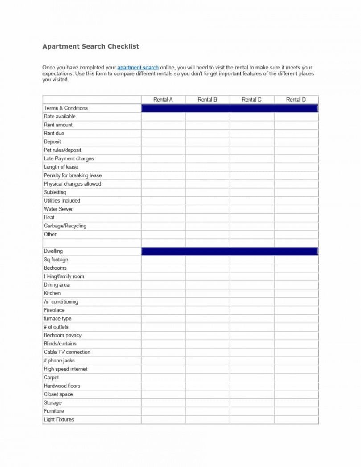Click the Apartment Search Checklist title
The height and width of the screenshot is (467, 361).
pyautogui.click(x=90, y=46)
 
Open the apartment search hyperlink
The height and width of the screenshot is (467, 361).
pyautogui.click(x=138, y=68)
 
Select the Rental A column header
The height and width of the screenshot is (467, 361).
pyautogui.click(x=163, y=100)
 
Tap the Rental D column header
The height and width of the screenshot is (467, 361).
pyautogui.click(x=296, y=100)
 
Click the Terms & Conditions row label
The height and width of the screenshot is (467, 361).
pyautogui.click(x=66, y=108)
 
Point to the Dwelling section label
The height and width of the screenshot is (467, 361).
pyautogui.click(x=53, y=251)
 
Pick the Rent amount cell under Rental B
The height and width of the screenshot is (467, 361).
pyautogui.click(x=207, y=125)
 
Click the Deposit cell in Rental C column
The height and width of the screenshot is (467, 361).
pyautogui.click(x=252, y=142)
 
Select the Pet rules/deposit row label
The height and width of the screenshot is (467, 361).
pyautogui.click(x=62, y=150)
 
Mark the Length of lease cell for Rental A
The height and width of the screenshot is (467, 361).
pyautogui.click(x=163, y=167)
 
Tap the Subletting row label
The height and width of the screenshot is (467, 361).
pyautogui.click(x=55, y=192)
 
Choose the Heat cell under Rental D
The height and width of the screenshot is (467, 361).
pyautogui.click(x=296, y=218)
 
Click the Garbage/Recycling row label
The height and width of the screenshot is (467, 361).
pyautogui.click(x=65, y=226)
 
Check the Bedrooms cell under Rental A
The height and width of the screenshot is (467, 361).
pyautogui.click(x=163, y=268)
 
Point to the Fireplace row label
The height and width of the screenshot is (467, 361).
pyautogui.click(x=54, y=310)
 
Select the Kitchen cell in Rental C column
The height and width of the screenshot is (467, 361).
pyautogui.click(x=252, y=293)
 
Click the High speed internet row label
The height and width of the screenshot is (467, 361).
pyautogui.click(x=66, y=369)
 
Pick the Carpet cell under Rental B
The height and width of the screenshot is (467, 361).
pyautogui.click(x=207, y=378)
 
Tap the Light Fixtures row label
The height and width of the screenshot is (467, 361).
pyautogui.click(x=59, y=420)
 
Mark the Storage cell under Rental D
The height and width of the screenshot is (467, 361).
pyautogui.click(x=296, y=403)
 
